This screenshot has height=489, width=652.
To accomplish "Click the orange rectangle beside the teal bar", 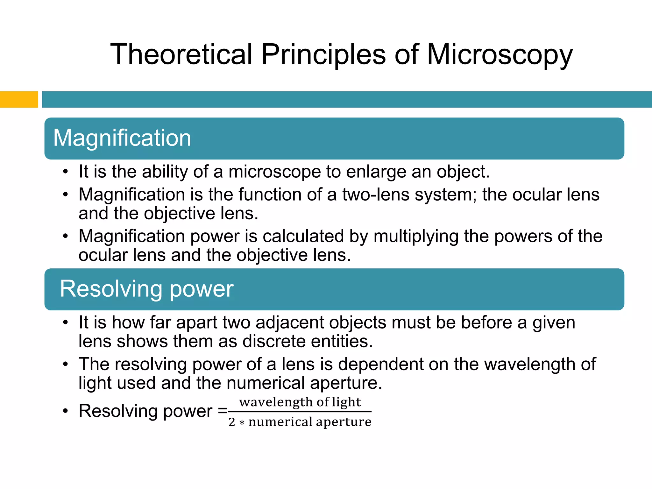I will click(19, 99).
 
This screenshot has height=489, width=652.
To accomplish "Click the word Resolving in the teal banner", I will click(110, 289).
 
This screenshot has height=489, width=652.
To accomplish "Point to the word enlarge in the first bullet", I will click(376, 172).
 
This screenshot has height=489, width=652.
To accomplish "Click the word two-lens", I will click(376, 195).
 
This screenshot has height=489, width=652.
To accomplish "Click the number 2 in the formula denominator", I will click(232, 422).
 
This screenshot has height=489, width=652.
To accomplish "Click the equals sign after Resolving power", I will click(223, 411).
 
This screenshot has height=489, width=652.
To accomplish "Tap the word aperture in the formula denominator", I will click(344, 422).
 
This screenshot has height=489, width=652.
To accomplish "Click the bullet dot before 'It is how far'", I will click(66, 322).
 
